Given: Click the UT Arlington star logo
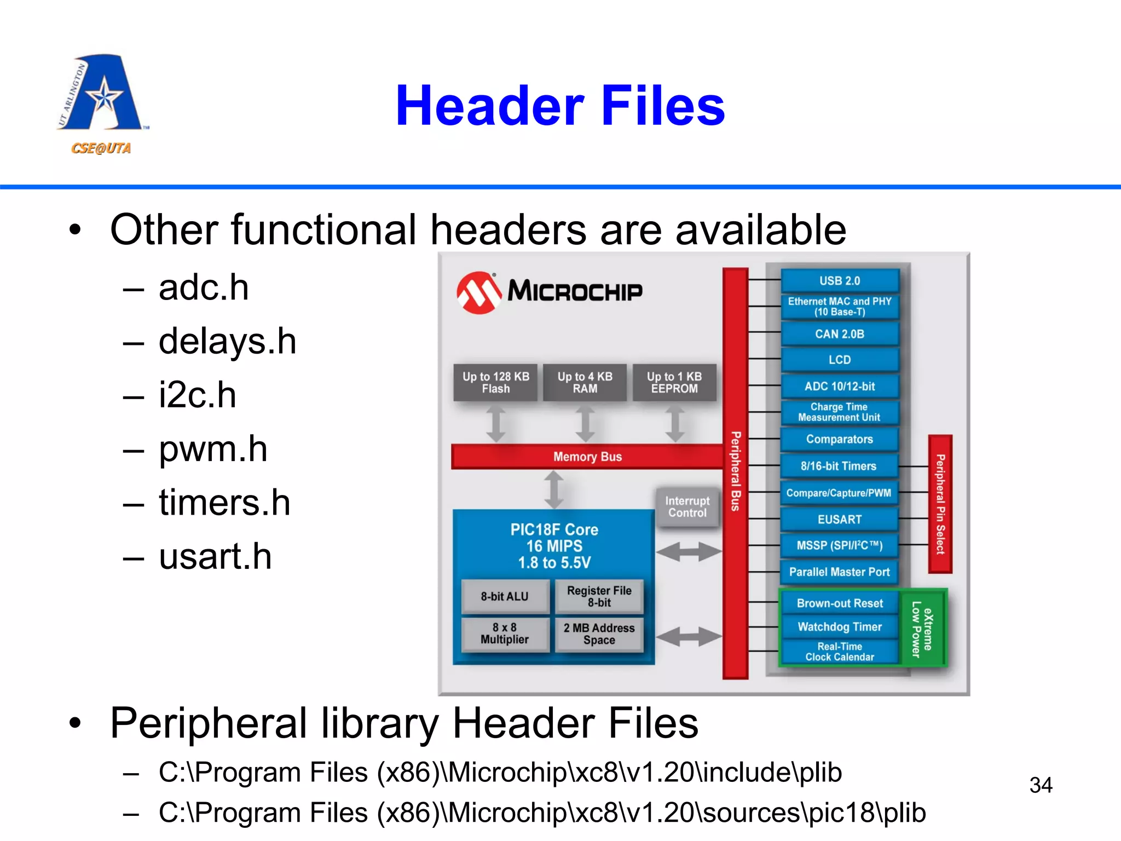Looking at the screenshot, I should [101, 93].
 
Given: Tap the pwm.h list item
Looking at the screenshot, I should [212, 450].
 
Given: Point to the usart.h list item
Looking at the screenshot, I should [215, 557].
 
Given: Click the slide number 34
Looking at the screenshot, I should [1041, 785].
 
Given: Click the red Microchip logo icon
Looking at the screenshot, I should [478, 292].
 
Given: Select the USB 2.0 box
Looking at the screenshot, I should [839, 281].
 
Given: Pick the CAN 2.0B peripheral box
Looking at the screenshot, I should [839, 334].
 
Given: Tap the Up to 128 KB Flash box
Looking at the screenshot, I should [495, 383].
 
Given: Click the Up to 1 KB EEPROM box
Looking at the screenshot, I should [674, 383].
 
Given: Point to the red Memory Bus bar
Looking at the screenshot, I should [587, 457].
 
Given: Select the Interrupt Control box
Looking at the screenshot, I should [687, 507].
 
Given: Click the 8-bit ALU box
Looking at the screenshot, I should [504, 596].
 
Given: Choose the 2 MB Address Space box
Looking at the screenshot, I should [599, 634].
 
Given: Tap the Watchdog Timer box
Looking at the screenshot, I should [839, 627].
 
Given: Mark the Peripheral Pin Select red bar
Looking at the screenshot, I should [940, 504].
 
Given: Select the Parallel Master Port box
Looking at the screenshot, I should [839, 572].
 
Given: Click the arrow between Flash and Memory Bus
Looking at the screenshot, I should [496, 423].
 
